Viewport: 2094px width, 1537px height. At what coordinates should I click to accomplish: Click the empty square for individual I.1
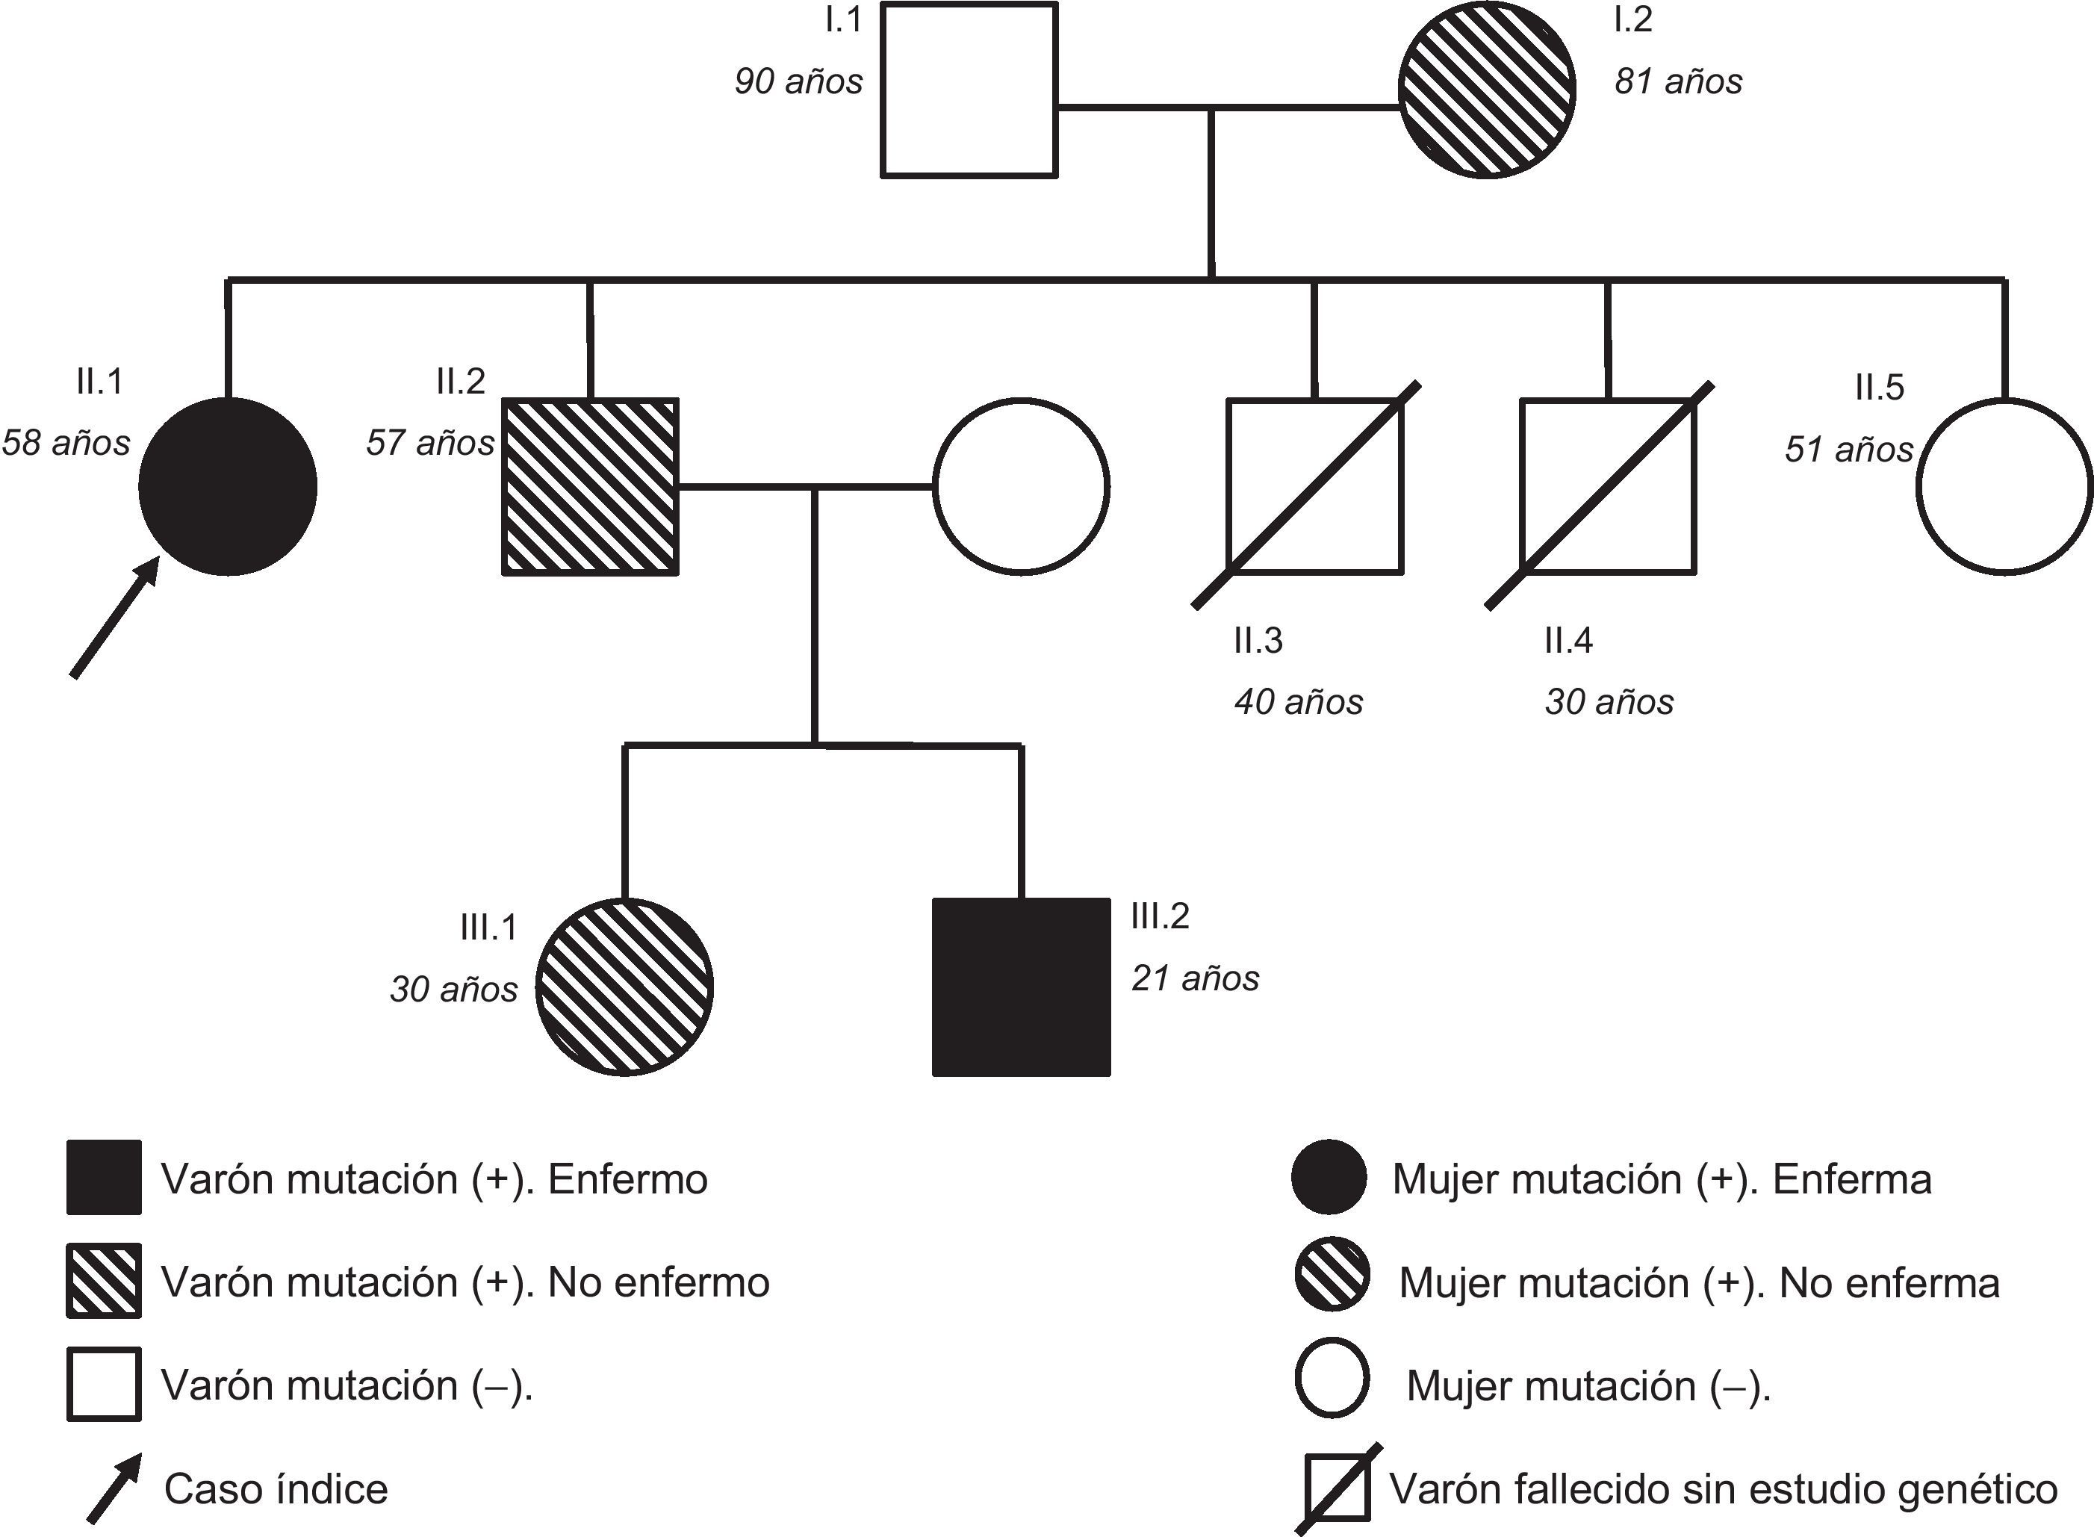[x=969, y=90]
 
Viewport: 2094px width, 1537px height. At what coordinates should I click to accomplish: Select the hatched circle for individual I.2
[x=1487, y=90]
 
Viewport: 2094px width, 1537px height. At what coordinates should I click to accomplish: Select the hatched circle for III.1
[x=625, y=987]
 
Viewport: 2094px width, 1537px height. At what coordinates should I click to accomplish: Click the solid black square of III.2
[x=1022, y=987]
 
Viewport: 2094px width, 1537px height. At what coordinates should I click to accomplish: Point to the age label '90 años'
[x=798, y=82]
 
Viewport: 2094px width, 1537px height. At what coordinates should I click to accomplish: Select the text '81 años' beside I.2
[x=1678, y=82]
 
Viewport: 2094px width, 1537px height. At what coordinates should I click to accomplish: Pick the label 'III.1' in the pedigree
[x=488, y=928]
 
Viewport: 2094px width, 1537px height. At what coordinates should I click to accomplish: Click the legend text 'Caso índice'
[x=276, y=1489]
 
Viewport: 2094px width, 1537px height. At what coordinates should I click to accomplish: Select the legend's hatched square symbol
[x=105, y=1281]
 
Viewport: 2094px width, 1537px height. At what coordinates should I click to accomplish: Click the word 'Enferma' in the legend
[x=1851, y=1179]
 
